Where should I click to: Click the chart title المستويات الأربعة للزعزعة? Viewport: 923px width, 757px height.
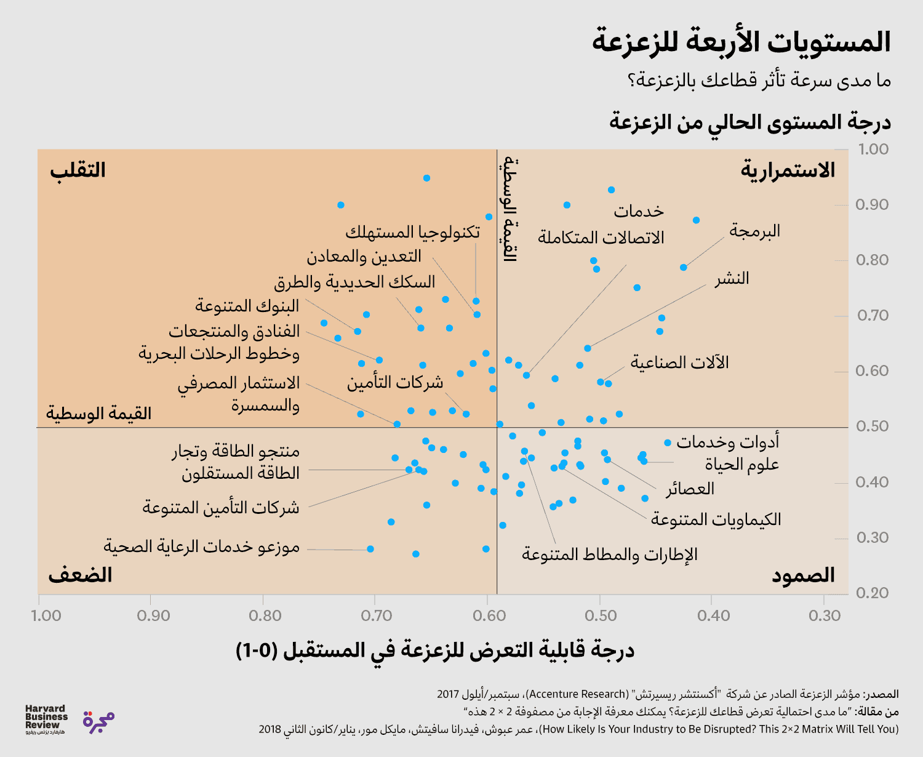point(741,42)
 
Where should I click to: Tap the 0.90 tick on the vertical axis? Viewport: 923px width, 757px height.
point(872,204)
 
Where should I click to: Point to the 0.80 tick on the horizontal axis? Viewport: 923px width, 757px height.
point(265,615)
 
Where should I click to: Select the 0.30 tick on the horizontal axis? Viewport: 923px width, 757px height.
point(825,615)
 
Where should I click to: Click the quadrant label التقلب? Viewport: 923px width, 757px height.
point(78,170)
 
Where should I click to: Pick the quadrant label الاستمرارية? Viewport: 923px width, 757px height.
point(788,170)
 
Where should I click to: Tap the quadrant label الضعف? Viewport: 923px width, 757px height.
point(81,575)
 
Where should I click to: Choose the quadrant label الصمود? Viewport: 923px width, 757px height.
point(803,575)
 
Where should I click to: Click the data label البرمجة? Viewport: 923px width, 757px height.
point(754,231)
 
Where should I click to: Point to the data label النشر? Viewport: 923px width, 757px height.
point(732,278)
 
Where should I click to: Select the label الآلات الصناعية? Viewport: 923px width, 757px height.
point(679,362)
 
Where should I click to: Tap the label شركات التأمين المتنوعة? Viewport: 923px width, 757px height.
point(221,507)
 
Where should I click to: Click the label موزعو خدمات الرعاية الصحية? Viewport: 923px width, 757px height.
point(201,547)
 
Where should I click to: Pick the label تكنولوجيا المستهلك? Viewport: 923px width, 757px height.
point(412,232)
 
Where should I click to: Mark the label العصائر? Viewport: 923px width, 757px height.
point(690,489)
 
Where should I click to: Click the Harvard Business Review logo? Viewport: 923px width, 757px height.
point(46,719)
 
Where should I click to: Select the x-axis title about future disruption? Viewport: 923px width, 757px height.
point(434,650)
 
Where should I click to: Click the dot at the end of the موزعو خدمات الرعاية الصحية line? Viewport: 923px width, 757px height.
point(370,549)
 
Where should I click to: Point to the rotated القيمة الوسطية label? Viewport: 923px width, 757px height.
point(510,209)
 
